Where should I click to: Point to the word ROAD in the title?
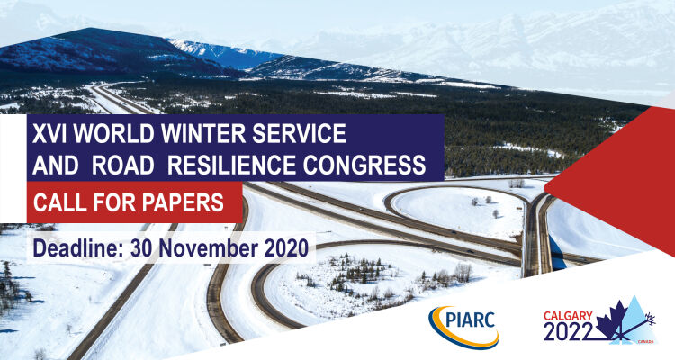[x=123, y=165]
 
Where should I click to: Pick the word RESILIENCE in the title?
[x=231, y=165]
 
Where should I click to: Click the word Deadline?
[x=76, y=248]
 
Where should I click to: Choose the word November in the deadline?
[x=209, y=248]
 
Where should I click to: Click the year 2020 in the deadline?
[x=286, y=248]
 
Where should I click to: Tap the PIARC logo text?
[x=471, y=320]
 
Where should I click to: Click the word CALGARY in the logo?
[x=568, y=316]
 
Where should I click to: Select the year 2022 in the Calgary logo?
[x=568, y=331]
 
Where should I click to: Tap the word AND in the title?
[x=56, y=165]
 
